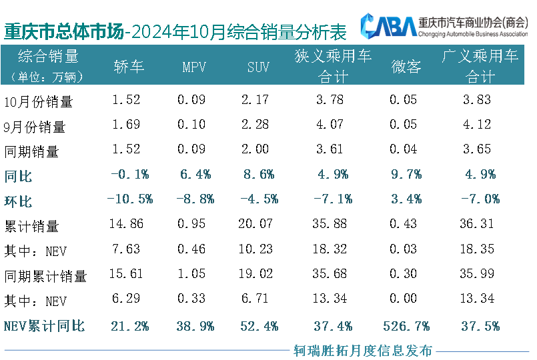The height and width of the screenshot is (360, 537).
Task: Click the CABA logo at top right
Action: (x=388, y=27)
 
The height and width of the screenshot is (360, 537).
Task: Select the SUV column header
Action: (x=258, y=67)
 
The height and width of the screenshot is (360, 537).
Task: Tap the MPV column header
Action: (x=193, y=67)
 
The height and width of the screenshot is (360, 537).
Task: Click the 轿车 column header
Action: (x=129, y=66)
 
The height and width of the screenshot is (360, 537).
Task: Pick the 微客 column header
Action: (x=406, y=66)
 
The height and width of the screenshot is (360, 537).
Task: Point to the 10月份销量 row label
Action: (x=38, y=102)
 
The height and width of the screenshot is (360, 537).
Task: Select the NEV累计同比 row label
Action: (x=44, y=326)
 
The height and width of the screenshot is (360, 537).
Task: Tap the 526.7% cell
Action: (x=406, y=326)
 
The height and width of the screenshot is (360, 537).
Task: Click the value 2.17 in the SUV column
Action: (x=257, y=101)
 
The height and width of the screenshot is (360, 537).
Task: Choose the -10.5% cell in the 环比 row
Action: (x=129, y=199)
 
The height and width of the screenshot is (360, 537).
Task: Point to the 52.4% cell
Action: (x=258, y=326)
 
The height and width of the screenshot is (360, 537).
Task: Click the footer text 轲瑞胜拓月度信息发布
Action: (x=364, y=350)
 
